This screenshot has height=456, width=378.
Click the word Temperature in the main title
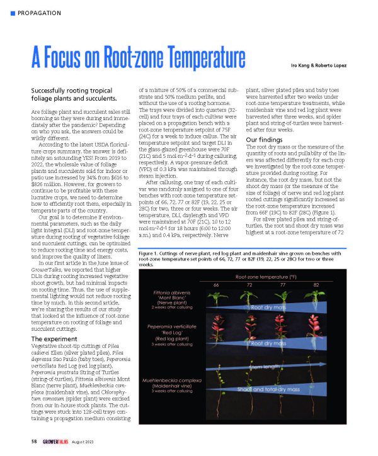tap(192, 63)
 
